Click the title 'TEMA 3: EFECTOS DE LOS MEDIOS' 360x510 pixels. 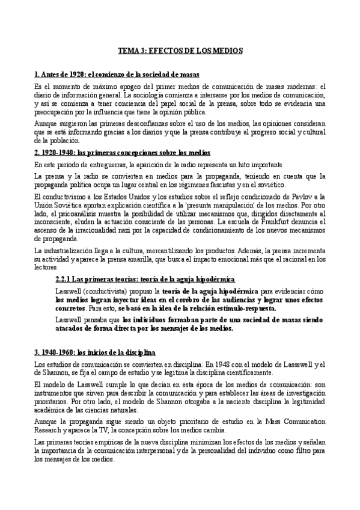(180, 52)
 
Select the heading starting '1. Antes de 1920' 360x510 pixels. (117, 75)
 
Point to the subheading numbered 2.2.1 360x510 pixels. (145, 279)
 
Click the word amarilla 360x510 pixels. (151, 259)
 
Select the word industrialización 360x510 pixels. (66, 250)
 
